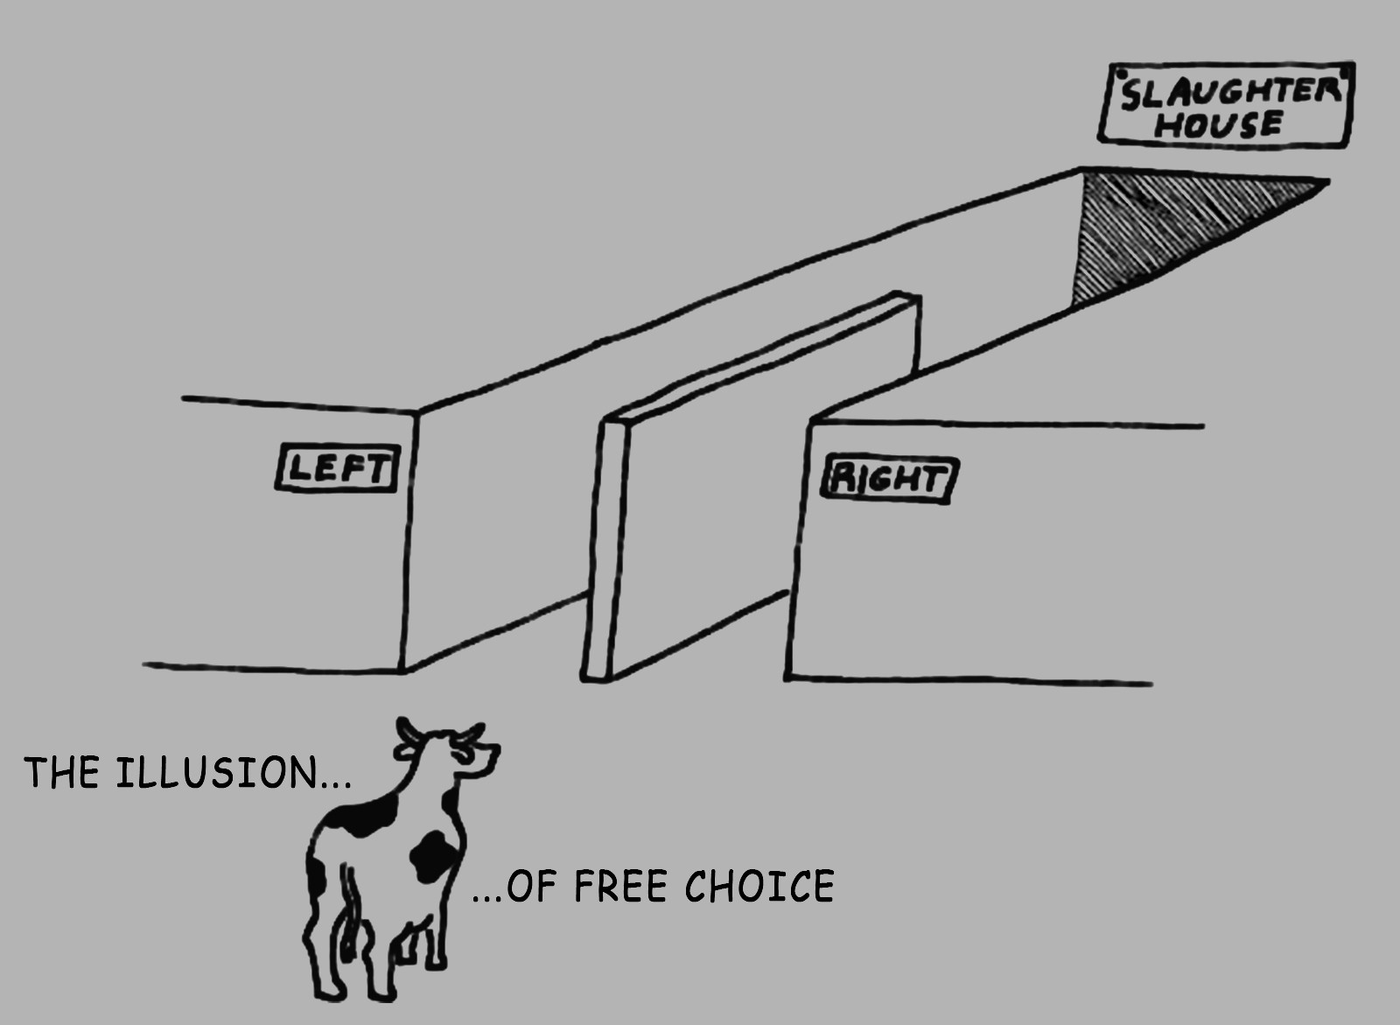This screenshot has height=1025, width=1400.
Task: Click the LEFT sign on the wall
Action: pos(338,469)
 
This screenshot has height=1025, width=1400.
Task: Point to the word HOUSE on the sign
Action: pos(1218,124)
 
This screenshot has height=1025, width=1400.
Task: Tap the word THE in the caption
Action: pos(61,773)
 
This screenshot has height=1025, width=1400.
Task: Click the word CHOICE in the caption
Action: pos(759,886)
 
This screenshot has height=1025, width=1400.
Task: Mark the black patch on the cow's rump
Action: pos(315,875)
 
